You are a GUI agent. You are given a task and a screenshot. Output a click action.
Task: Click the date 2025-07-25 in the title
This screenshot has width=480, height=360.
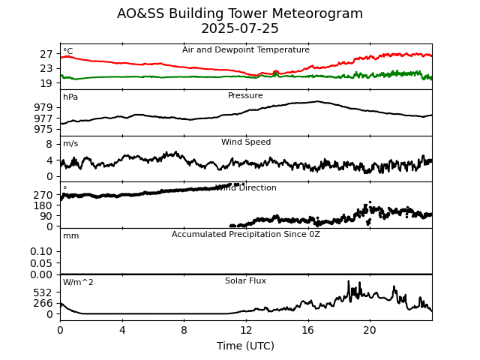coord(240,29)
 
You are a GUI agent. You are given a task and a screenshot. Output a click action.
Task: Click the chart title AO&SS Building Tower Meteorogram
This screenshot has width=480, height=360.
coord(240,14)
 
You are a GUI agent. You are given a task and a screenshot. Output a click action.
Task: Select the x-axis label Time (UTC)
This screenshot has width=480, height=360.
coord(245,346)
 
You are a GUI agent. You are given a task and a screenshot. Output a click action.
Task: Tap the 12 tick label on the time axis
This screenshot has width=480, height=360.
coord(246,330)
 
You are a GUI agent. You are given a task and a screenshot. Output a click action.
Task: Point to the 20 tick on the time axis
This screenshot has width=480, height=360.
coord(370,330)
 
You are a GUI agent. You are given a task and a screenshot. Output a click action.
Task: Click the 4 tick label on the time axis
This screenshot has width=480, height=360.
coord(122,330)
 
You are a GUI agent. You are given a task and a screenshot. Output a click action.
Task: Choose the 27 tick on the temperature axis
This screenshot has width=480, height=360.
coord(46,55)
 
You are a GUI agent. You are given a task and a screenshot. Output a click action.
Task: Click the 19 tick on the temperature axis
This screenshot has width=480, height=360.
coord(46,84)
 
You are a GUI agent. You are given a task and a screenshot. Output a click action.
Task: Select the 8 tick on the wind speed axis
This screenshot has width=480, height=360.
coord(49,144)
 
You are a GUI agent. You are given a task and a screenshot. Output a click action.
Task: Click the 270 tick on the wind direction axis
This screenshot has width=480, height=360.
coord(43,195)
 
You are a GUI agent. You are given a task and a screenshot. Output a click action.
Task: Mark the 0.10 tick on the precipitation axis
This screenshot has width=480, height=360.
coord(42,251)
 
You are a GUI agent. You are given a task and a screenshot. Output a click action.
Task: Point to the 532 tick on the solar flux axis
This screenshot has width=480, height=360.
coord(43,292)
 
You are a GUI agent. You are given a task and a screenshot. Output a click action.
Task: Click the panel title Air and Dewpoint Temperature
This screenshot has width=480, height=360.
coord(246,50)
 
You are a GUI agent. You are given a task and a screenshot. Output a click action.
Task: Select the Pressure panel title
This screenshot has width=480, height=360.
coord(245,96)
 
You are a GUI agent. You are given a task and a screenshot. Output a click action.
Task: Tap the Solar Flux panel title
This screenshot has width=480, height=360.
coord(245,281)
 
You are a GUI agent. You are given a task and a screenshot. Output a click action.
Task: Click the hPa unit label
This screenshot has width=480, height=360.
coord(70,97)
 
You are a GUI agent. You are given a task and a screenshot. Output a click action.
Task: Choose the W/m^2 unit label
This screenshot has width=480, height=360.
coord(78,283)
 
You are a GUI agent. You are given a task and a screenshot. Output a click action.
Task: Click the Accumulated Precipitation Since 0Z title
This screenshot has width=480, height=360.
coord(246,235)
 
